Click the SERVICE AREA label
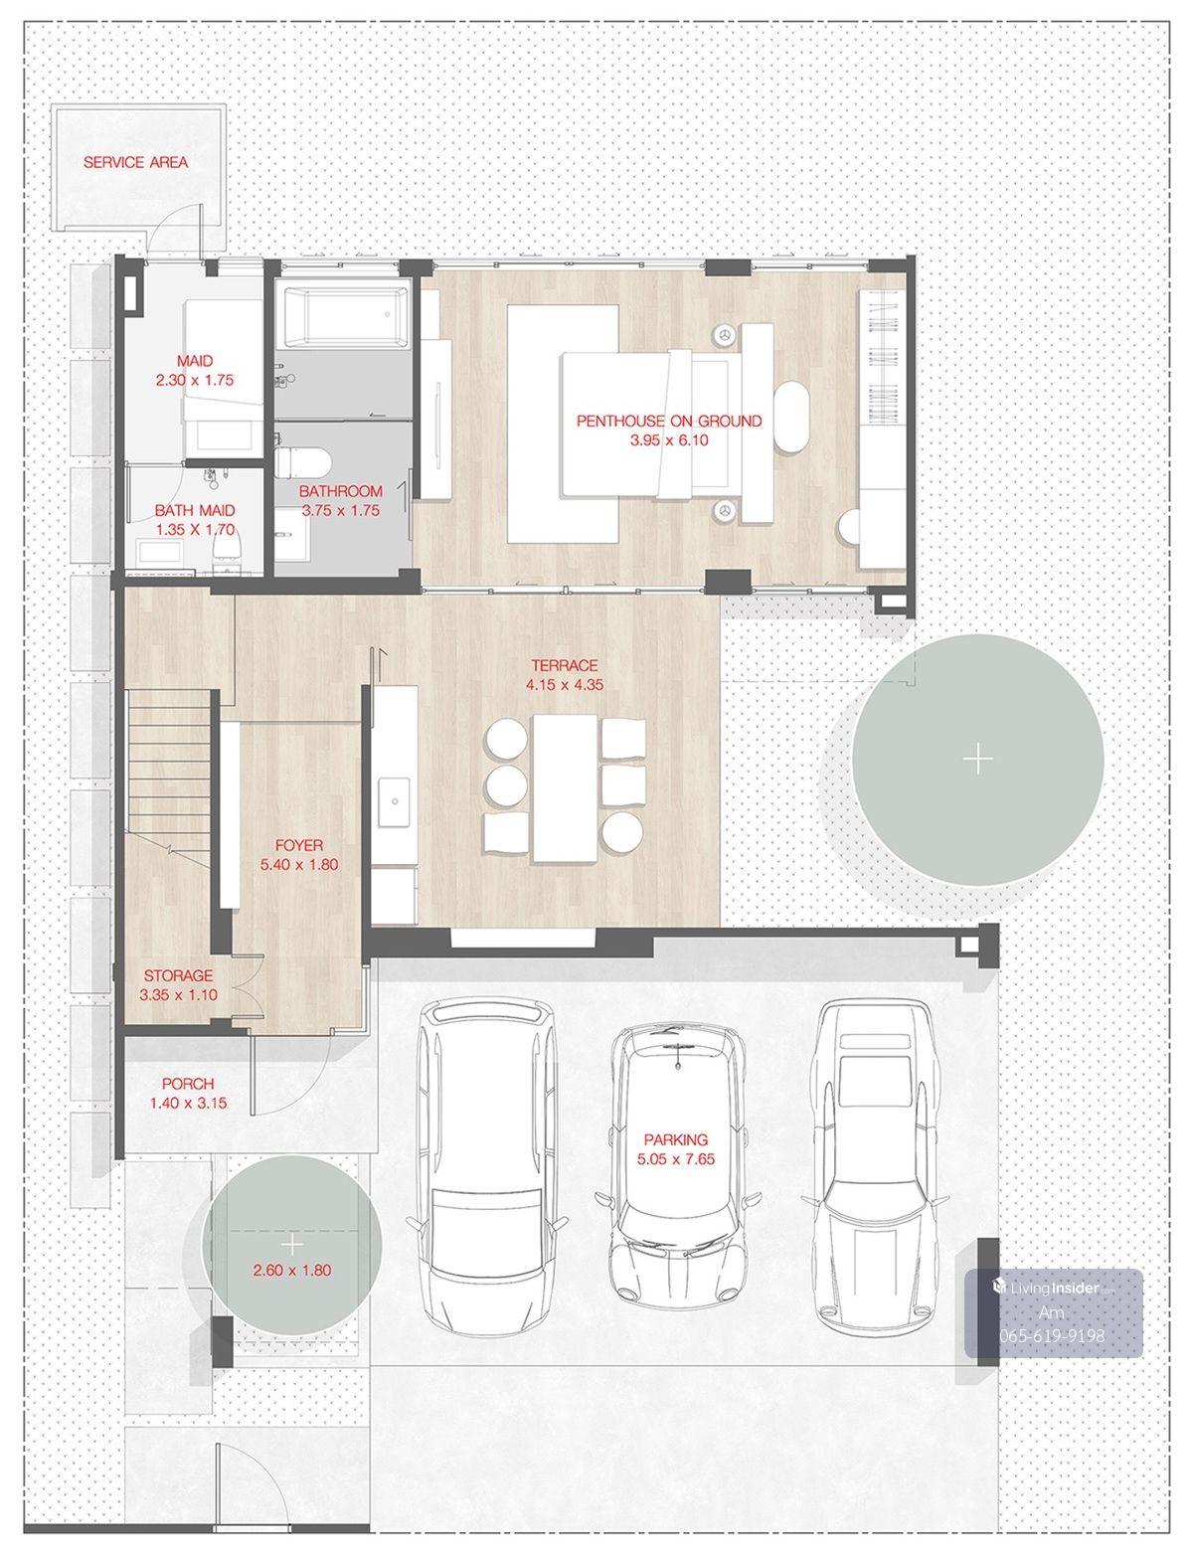[135, 163]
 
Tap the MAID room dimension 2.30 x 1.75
[195, 381]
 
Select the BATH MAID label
[195, 511]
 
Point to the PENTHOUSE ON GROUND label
[669, 422]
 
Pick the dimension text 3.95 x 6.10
[669, 440]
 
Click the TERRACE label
[565, 665]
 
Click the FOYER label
[299, 846]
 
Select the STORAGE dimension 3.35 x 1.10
[178, 995]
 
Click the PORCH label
[188, 1084]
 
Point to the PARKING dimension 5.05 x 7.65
[676, 1158]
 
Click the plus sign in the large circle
[978, 760]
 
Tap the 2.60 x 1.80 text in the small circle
[291, 1271]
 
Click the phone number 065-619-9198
[1052, 1335]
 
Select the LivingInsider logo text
[1053, 1288]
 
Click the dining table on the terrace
[565, 787]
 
